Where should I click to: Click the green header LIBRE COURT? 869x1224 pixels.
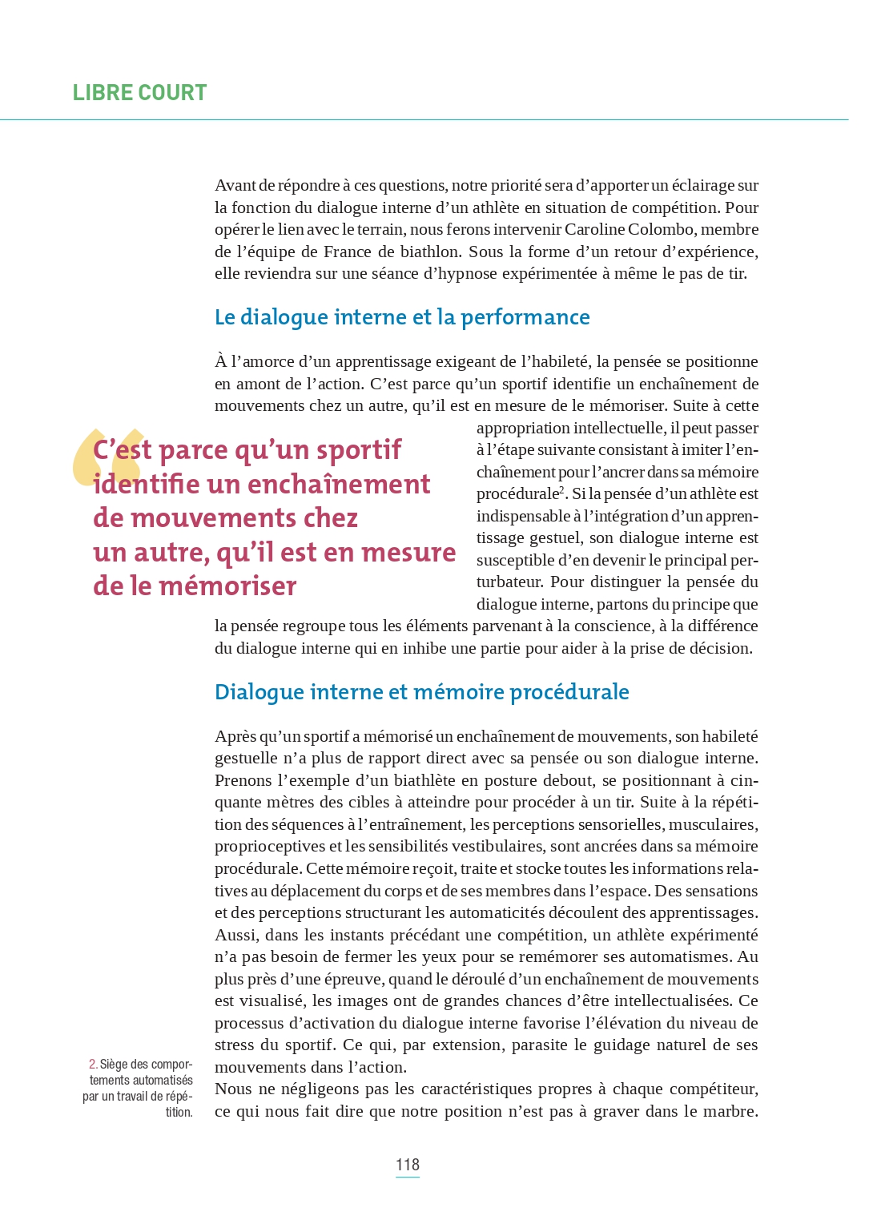(x=139, y=93)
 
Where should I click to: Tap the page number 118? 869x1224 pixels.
(x=407, y=1165)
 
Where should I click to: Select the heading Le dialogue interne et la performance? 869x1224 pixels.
(x=402, y=317)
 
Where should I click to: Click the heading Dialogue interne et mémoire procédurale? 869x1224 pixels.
(x=421, y=692)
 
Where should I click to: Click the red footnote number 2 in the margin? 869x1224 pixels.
(x=93, y=1065)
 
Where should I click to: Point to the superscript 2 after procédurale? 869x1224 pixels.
(x=562, y=489)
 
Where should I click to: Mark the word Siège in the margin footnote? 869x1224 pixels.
(x=114, y=1065)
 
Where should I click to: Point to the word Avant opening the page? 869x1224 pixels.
(x=235, y=186)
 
